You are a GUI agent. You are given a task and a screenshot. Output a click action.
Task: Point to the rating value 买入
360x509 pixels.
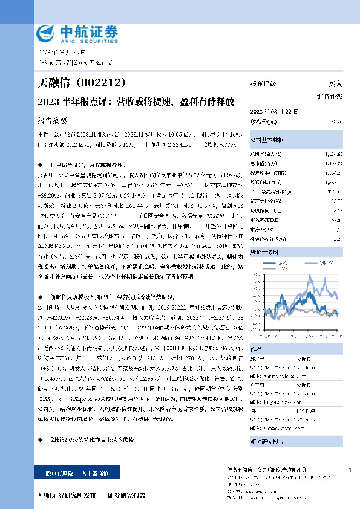(x=335, y=84)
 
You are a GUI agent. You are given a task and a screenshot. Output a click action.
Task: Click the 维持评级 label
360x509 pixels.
(x=330, y=96)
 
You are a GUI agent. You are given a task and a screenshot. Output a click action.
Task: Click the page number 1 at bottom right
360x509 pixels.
(x=350, y=470)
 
